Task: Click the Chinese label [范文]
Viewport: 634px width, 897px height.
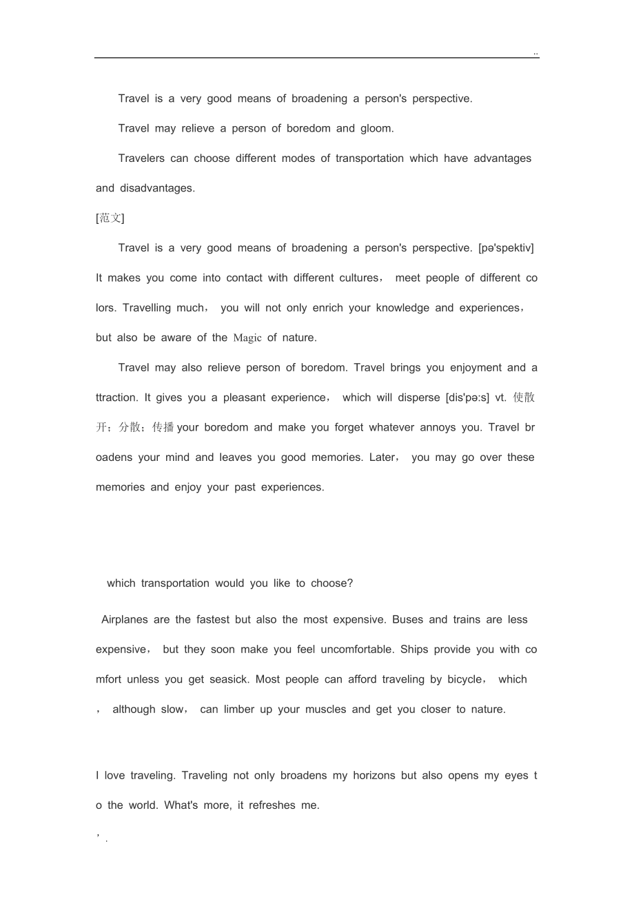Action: (x=110, y=218)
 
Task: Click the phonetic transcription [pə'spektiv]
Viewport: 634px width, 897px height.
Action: (x=506, y=248)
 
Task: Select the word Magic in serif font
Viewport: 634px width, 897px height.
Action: (x=247, y=338)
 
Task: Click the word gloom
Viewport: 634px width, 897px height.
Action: (x=377, y=128)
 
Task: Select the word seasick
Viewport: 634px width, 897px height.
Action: (x=228, y=679)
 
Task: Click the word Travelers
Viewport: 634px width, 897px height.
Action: (x=141, y=158)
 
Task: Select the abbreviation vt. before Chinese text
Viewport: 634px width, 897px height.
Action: (x=501, y=398)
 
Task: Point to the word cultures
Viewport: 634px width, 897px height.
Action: (x=357, y=278)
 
